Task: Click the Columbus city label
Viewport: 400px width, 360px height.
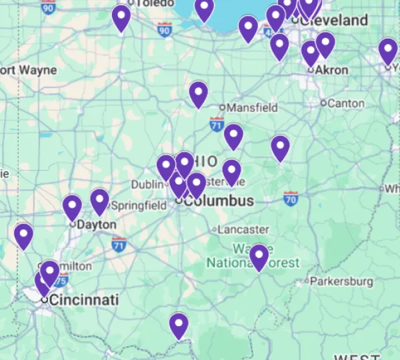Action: (x=219, y=201)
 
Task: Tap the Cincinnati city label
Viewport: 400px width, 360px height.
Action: (x=84, y=299)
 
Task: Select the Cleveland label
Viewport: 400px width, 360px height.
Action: (x=337, y=21)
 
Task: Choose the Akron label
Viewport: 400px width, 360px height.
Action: (x=332, y=70)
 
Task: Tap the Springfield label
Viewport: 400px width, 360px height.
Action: (x=139, y=205)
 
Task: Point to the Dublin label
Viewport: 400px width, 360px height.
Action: (x=146, y=184)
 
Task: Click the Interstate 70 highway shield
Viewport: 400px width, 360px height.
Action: (x=290, y=198)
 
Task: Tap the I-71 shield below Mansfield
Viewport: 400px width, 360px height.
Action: (x=216, y=124)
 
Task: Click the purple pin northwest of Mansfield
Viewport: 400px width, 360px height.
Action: (x=198, y=93)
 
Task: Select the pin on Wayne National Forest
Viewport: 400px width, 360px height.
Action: (x=259, y=256)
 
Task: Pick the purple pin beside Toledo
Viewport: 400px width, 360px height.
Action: (x=121, y=17)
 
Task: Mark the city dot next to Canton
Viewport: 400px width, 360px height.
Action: (x=323, y=103)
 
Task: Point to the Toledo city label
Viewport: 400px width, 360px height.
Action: (x=149, y=3)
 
